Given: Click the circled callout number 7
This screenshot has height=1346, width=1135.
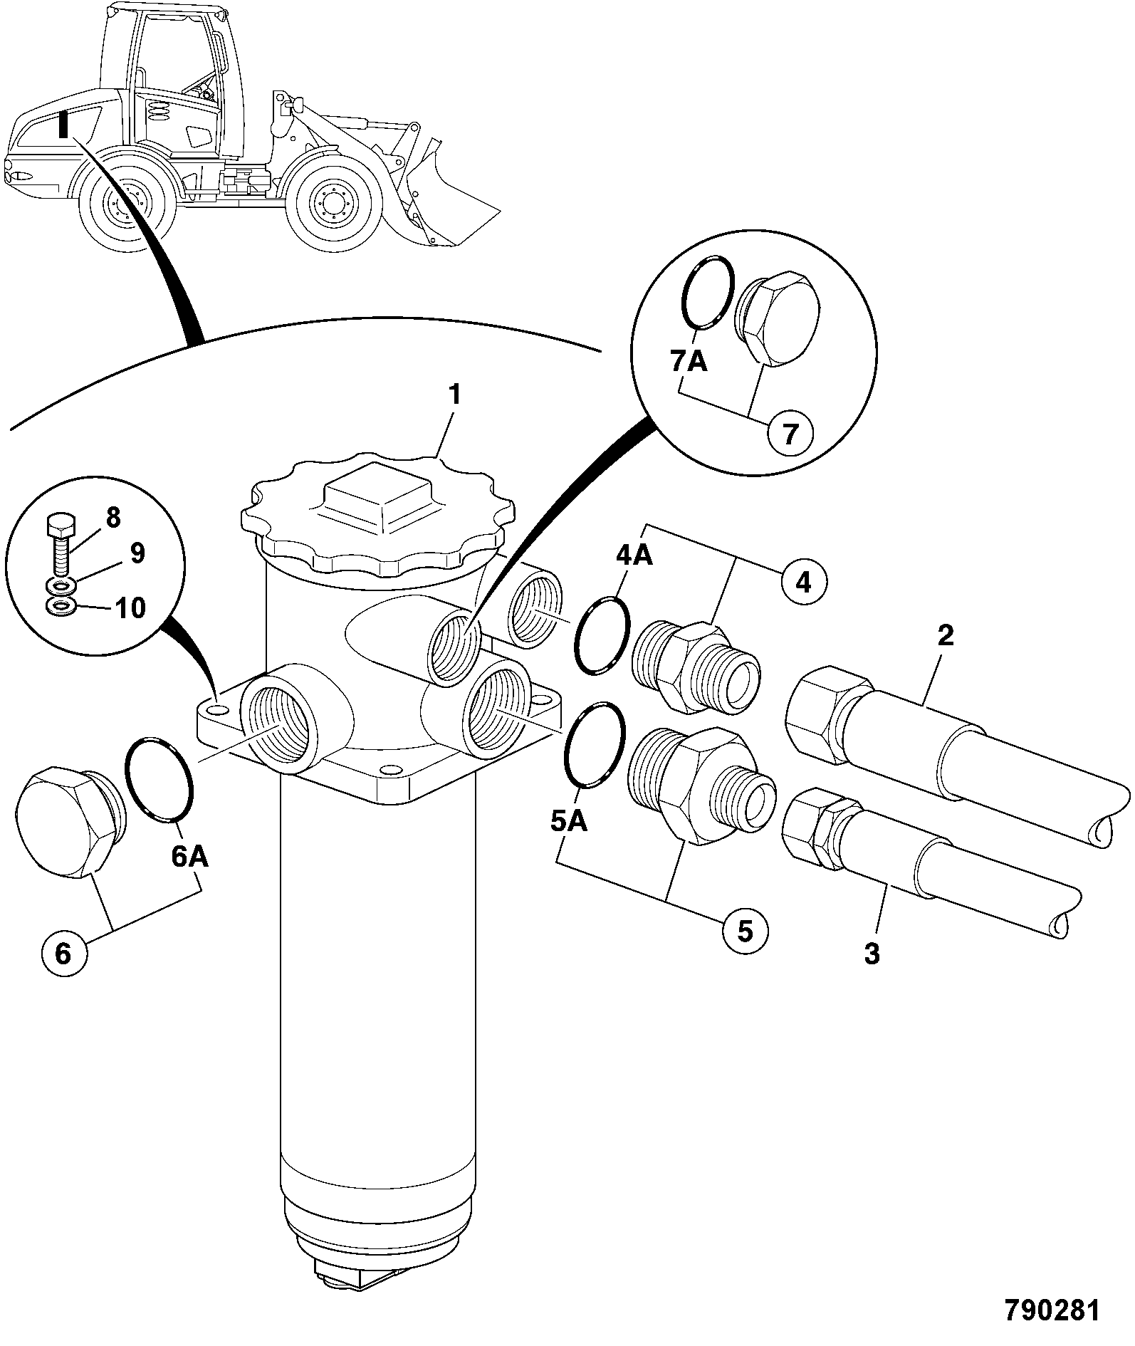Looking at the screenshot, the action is [790, 432].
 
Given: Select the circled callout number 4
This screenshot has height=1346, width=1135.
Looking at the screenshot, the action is [803, 582].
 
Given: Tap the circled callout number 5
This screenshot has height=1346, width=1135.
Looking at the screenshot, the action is [745, 931].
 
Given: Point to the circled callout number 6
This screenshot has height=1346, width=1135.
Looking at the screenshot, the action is [63, 952].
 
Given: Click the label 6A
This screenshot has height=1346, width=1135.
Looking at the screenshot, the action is [189, 857].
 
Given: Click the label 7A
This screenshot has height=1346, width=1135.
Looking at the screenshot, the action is [689, 362].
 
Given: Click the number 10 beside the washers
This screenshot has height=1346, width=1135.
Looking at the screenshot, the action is [130, 607].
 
